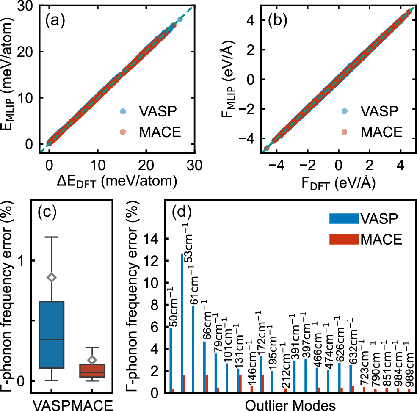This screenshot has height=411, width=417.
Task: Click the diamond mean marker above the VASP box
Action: tap(52, 277)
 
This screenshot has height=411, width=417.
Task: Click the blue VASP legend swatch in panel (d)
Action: tap(343, 218)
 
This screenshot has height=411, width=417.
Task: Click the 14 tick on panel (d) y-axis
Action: tap(155, 239)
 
